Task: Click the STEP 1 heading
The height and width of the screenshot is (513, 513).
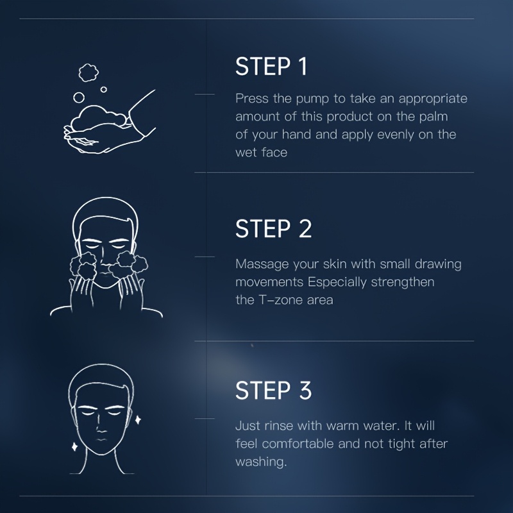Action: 271,67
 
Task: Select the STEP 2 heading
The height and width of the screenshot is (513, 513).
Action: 274,228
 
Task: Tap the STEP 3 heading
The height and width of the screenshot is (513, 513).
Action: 274,390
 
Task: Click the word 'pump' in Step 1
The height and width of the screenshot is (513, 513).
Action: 312,99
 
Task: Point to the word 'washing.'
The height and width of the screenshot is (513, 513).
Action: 261,462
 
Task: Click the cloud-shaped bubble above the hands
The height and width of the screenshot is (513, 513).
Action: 88,72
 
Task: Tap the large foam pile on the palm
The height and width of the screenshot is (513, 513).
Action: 98,118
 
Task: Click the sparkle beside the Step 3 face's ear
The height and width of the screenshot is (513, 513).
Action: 138,419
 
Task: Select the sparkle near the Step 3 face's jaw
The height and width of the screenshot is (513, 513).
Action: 74,446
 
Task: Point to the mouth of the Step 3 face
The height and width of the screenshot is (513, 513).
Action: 101,439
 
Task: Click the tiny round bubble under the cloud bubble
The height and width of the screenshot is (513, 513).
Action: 104,89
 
